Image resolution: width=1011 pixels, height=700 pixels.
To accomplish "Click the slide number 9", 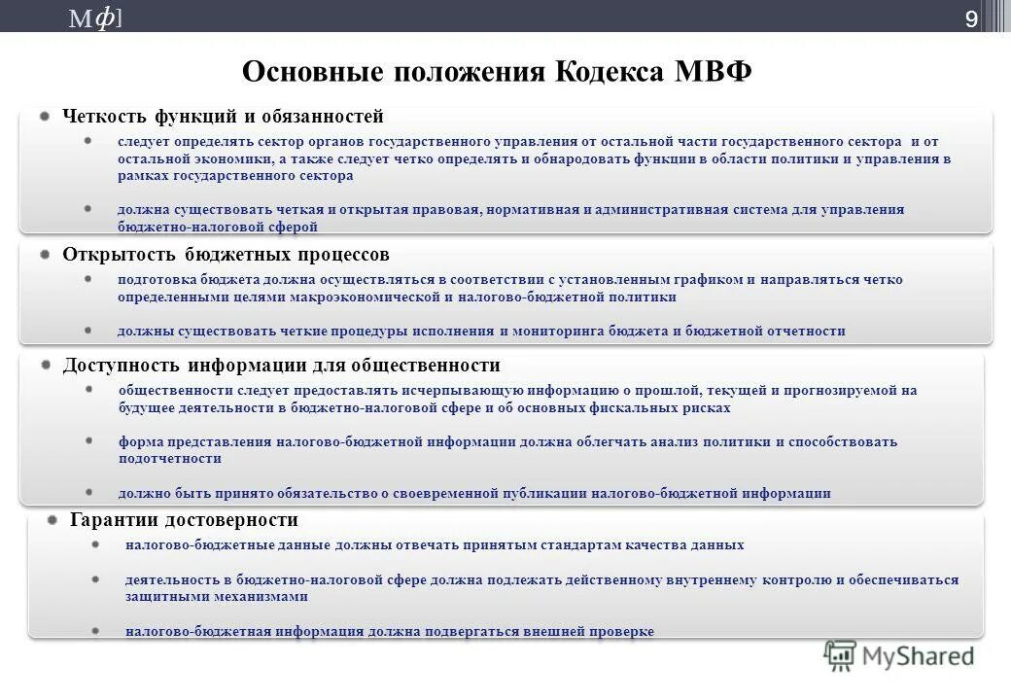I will click(x=970, y=17).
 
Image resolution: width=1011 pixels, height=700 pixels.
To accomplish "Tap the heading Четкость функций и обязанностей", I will click(x=223, y=117).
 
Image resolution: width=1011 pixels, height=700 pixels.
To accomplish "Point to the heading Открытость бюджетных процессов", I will click(x=226, y=255).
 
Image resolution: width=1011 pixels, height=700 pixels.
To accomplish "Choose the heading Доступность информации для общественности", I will click(x=281, y=366).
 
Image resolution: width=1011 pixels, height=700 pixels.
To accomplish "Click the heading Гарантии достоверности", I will click(x=184, y=520).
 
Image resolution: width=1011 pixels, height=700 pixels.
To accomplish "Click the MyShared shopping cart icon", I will click(x=840, y=656).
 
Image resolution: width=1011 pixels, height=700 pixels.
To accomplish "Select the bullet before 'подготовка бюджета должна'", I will click(x=88, y=279).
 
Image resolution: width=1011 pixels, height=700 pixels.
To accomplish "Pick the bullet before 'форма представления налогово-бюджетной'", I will click(x=88, y=441).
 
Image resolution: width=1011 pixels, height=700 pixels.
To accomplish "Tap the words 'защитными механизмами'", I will click(x=217, y=598).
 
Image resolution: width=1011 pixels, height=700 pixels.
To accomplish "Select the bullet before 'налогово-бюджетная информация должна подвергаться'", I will click(x=96, y=631).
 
